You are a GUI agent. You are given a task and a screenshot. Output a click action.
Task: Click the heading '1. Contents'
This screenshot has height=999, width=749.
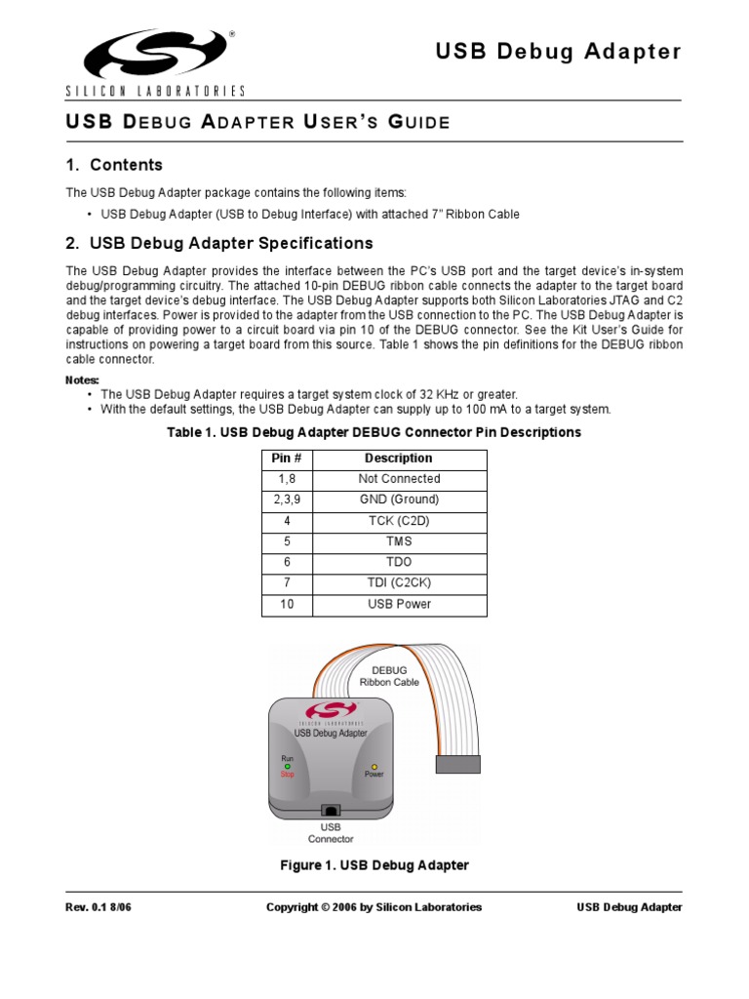tap(114, 165)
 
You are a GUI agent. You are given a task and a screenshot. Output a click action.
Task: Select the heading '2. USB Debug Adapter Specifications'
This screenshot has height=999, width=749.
tap(219, 243)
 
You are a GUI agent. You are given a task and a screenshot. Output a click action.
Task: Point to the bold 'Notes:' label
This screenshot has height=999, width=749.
tap(83, 380)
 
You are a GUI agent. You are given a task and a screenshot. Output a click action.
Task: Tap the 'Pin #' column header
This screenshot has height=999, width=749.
tap(285, 459)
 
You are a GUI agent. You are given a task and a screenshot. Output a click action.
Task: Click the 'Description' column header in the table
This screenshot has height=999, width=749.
tap(398, 459)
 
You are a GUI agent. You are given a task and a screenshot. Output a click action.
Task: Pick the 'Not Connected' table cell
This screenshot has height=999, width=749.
tap(398, 479)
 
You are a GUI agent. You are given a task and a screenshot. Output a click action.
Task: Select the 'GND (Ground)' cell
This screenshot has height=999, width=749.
tap(398, 499)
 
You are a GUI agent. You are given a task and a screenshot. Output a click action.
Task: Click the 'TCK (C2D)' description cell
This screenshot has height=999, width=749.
tap(398, 521)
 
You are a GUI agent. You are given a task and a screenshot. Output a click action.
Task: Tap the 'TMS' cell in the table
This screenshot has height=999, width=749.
tap(398, 541)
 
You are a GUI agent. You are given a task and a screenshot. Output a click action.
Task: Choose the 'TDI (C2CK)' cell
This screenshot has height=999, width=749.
tap(398, 583)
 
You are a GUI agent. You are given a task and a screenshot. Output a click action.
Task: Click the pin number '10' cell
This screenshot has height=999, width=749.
tap(285, 604)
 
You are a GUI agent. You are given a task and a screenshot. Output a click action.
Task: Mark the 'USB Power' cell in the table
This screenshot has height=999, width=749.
tap(398, 604)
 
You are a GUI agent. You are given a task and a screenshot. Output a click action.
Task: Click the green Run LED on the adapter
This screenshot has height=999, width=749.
tap(288, 766)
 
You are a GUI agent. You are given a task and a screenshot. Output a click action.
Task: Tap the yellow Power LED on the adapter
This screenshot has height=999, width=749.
tap(374, 767)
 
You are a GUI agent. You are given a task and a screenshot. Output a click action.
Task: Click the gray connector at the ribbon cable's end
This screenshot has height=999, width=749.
tap(458, 764)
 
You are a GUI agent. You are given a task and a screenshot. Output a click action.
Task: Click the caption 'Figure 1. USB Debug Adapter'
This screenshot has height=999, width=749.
tap(374, 865)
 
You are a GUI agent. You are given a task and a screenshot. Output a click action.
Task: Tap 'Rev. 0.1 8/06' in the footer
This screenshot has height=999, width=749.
tap(99, 907)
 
